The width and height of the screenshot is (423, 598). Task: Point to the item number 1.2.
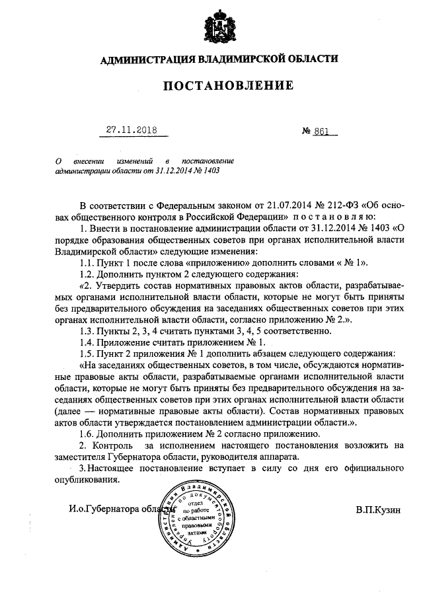[87, 274]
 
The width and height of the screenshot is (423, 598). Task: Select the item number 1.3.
[87, 329]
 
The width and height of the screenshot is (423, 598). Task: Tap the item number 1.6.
[87, 433]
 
